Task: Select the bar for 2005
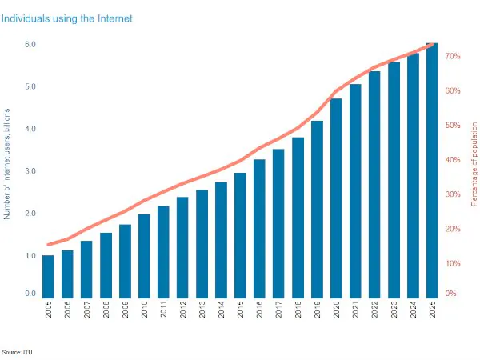48,276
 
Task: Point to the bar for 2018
298,217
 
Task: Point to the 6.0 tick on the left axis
30,44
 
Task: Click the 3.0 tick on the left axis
30,171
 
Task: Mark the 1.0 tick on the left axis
30,256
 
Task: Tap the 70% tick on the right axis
452,57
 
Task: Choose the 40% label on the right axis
452,160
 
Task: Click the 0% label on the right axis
450,294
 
